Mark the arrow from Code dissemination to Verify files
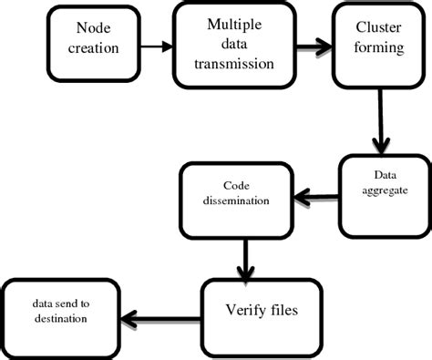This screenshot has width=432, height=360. [x=243, y=259]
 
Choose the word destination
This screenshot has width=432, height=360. [x=60, y=319]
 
